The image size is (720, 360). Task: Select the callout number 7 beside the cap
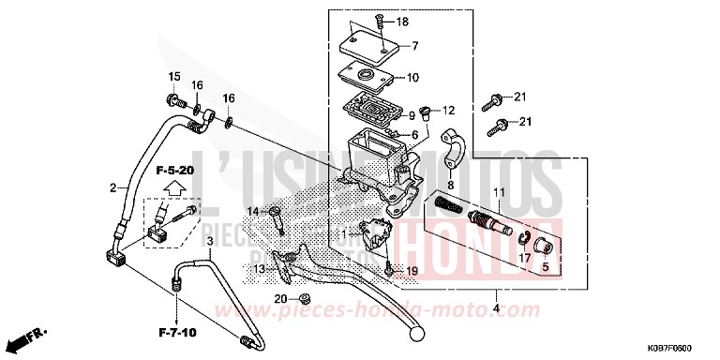(415, 45)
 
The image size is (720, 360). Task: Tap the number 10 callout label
(412, 78)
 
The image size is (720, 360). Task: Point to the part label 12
(448, 110)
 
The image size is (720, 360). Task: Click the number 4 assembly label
(496, 305)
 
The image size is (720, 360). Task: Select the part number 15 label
(172, 76)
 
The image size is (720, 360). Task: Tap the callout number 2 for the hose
(112, 188)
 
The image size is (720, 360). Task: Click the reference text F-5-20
(174, 171)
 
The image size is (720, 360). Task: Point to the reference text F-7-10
(175, 331)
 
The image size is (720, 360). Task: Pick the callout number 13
(259, 269)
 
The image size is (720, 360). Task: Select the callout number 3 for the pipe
(211, 242)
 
